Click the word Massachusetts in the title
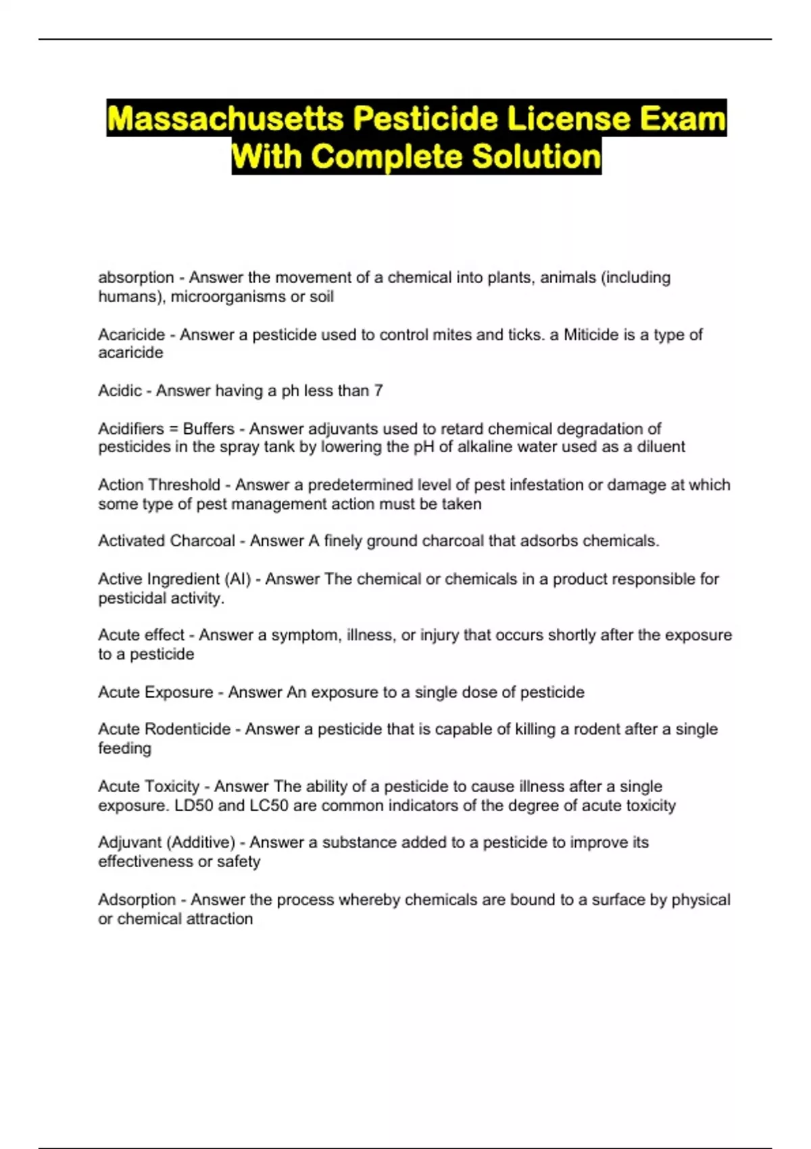226,119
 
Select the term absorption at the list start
136,278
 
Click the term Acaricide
132,335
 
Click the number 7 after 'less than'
378,391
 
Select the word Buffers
208,429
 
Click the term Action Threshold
159,485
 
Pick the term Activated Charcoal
166,541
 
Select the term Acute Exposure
155,692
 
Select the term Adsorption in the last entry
137,900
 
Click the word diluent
661,447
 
